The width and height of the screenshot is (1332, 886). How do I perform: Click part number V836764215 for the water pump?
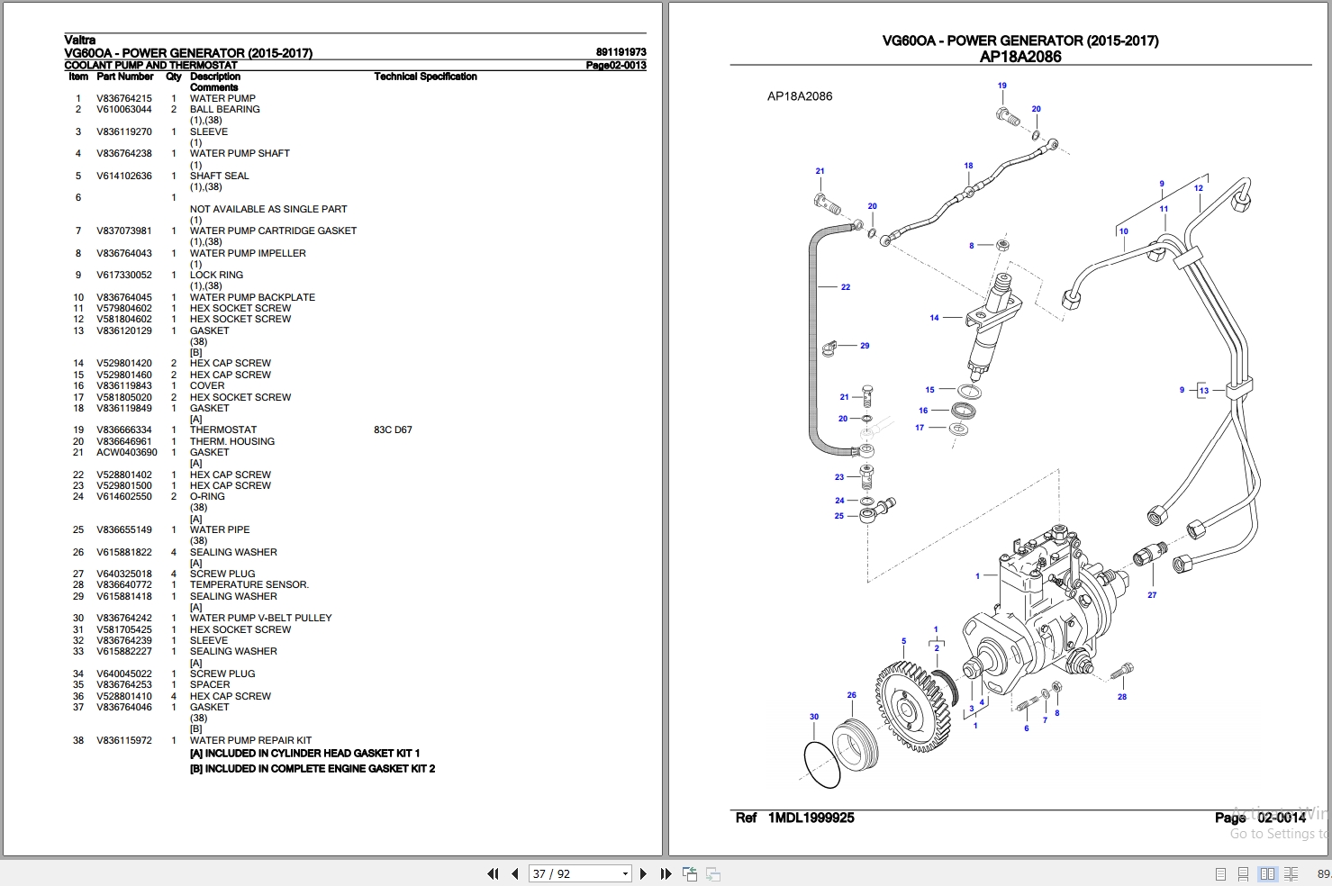pos(124,98)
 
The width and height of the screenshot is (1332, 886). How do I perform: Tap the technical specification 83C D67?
pos(393,429)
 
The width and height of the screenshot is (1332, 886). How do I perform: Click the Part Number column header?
pos(125,77)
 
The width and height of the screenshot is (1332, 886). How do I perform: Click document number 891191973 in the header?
pos(621,52)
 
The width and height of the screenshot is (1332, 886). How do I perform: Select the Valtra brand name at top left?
pos(80,40)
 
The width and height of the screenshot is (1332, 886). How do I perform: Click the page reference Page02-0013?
pos(616,65)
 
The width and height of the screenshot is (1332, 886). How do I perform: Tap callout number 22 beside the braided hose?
pos(846,287)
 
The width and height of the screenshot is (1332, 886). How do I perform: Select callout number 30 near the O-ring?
pos(814,717)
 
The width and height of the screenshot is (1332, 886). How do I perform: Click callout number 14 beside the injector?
pos(934,318)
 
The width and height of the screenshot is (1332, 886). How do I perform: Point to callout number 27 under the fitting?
pos(1152,595)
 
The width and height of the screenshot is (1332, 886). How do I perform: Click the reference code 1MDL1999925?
pos(811,818)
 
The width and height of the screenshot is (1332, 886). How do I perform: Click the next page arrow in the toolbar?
pos(643,873)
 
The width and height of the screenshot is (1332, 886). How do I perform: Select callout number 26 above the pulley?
pos(851,695)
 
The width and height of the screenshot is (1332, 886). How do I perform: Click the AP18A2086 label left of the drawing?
pos(800,96)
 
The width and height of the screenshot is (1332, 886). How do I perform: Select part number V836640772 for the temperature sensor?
pos(124,584)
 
